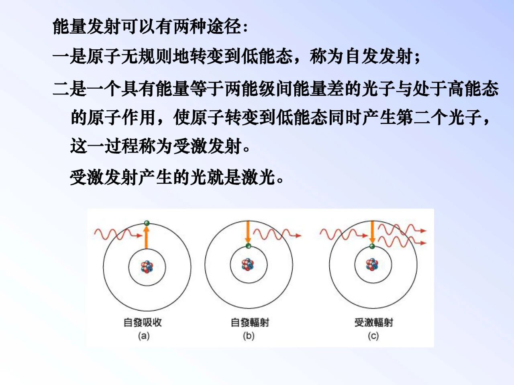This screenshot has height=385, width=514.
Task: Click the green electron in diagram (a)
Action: pyautogui.click(x=147, y=223)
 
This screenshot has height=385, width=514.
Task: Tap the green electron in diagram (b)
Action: pyautogui.click(x=248, y=246)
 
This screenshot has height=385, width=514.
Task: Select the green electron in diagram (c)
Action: pyautogui.click(x=372, y=246)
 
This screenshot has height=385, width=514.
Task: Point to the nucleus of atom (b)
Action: pyautogui.click(x=248, y=265)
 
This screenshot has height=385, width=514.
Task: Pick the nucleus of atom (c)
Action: pyautogui.click(x=372, y=265)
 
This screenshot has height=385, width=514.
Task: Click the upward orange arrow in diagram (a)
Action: pyautogui.click(x=146, y=238)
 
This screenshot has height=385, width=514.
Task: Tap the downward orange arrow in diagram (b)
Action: pyautogui.click(x=248, y=232)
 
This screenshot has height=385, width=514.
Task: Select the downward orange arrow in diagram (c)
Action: pyautogui.click(x=372, y=232)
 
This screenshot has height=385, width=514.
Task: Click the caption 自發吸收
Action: pyautogui.click(x=143, y=322)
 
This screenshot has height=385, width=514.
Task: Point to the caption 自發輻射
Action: pyautogui.click(x=250, y=322)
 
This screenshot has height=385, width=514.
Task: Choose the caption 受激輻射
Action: pyautogui.click(x=374, y=322)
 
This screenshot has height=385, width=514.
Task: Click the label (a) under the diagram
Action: pyautogui.click(x=144, y=336)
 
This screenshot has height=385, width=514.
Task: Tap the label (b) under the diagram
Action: pyautogui.click(x=249, y=336)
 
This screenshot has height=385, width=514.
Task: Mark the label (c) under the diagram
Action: pyautogui.click(x=373, y=336)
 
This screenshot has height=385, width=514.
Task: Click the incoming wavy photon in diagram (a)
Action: pyautogui.click(x=118, y=234)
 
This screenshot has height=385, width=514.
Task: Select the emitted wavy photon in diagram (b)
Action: pyautogui.click(x=277, y=234)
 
